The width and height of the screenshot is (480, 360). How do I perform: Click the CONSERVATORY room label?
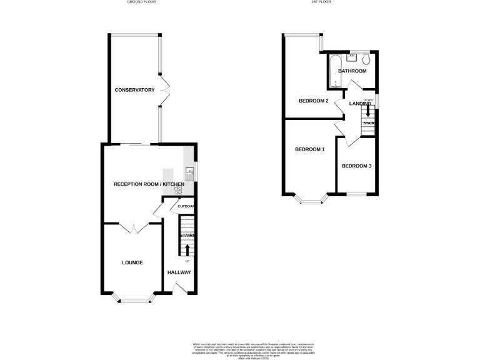tap(134, 90)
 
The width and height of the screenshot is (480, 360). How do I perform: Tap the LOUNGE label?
tap(132, 262)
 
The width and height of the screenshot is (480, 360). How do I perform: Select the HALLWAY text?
tap(179, 272)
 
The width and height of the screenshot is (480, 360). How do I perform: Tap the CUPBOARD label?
tap(186, 206)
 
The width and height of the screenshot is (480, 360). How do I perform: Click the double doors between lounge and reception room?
tap(132, 228)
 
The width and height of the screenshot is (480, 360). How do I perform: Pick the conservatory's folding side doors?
tap(166, 91)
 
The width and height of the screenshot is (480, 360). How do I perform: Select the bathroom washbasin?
tap(351, 57)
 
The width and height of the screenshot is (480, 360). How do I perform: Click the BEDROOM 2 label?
tap(313, 101)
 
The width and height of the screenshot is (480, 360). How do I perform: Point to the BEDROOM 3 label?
tap(356, 166)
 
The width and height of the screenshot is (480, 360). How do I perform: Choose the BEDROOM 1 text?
tap(310, 149)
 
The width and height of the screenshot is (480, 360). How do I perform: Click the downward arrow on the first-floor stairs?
tap(368, 111)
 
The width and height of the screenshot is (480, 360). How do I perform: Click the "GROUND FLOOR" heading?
tap(142, 2)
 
